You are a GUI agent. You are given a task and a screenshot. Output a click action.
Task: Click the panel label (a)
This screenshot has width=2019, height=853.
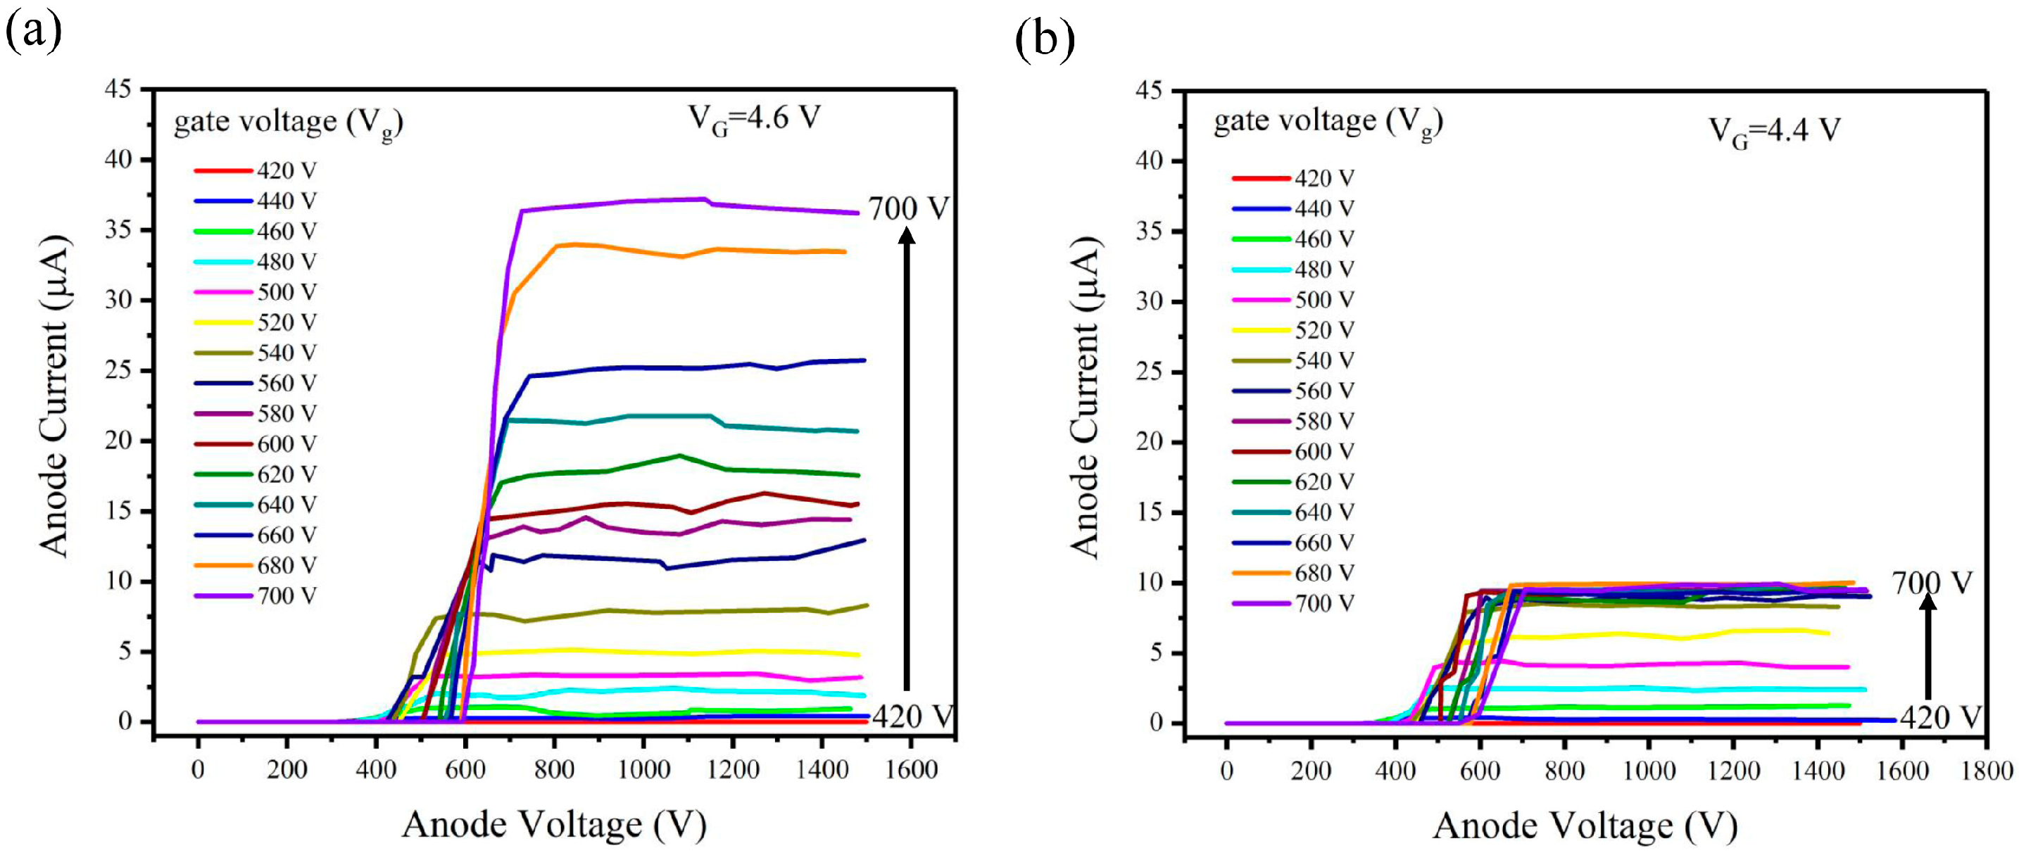[x=33, y=33]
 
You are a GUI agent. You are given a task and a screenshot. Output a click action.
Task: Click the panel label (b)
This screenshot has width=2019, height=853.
[x=1044, y=39]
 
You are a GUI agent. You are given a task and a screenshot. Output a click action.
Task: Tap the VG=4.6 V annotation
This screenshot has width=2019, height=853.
[x=753, y=119]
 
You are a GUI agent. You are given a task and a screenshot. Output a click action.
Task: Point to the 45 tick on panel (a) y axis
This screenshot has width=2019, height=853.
[x=118, y=89]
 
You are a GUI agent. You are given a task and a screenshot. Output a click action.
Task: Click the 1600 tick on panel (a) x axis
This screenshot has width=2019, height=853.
[x=911, y=770]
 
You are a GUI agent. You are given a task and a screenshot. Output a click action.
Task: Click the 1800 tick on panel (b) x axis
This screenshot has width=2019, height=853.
[x=1986, y=771]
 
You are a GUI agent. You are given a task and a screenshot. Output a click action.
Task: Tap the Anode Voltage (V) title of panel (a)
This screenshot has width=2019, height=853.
[x=554, y=825]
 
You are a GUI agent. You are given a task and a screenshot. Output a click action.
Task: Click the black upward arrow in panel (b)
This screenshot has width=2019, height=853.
[x=1928, y=646]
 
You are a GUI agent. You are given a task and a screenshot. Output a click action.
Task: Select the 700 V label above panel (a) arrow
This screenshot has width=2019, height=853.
[x=907, y=209]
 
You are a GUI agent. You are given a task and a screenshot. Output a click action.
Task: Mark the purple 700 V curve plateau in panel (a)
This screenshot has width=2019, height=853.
[x=705, y=203]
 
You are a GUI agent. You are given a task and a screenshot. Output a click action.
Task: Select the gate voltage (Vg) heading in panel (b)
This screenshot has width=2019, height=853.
[x=1328, y=122]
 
